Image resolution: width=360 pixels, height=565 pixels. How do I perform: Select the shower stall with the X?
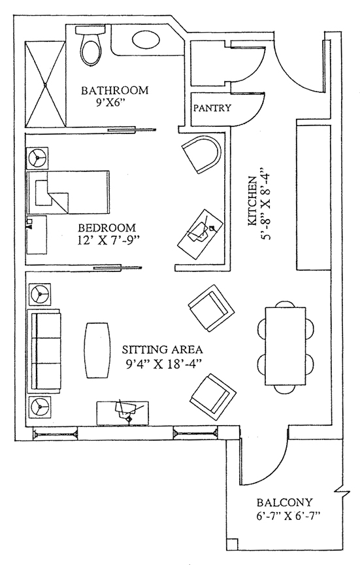[x=45, y=84]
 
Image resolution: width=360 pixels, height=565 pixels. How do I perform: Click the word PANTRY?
[x=212, y=108]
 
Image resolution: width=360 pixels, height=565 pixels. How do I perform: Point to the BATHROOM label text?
[x=114, y=90]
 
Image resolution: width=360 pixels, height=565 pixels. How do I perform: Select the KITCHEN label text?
[x=252, y=201]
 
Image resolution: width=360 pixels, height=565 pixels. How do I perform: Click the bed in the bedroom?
[x=68, y=192]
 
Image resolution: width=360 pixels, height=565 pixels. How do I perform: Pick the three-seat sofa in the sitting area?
[x=44, y=351]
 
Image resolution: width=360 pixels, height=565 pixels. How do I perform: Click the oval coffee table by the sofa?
[x=97, y=350]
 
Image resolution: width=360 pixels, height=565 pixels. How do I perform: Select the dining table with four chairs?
[x=286, y=346]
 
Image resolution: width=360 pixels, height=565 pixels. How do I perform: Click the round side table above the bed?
[x=37, y=158]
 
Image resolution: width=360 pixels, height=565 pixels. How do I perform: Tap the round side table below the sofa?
[x=40, y=407]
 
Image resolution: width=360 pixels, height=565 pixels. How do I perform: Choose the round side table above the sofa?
[x=40, y=294]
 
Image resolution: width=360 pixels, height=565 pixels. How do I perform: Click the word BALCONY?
[x=284, y=502]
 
